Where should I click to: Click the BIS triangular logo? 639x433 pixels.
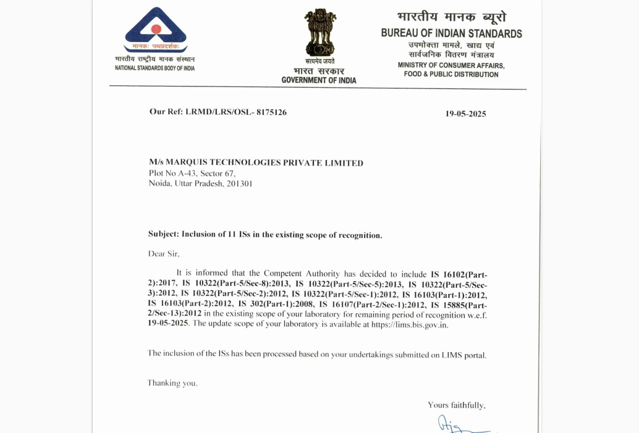pyautogui.click(x=155, y=30)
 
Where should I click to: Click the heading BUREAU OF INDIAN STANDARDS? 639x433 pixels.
pyautogui.click(x=451, y=33)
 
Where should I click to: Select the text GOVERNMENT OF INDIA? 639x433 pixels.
pyautogui.click(x=319, y=80)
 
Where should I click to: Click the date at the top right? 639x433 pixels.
pyautogui.click(x=466, y=114)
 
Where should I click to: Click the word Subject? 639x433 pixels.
pyautogui.click(x=163, y=235)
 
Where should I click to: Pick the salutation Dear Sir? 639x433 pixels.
pyautogui.click(x=164, y=253)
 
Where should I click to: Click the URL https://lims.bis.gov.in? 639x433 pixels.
pyautogui.click(x=410, y=324)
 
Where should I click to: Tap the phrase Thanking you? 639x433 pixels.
pyautogui.click(x=172, y=383)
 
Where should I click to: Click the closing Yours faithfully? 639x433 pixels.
pyautogui.click(x=457, y=405)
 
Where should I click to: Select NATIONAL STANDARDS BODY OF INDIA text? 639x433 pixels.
pyautogui.click(x=154, y=68)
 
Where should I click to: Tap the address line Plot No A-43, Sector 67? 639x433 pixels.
pyautogui.click(x=192, y=174)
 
